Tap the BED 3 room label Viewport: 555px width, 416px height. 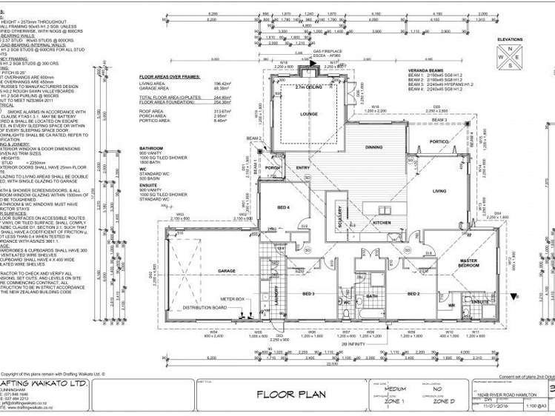(x=309, y=293)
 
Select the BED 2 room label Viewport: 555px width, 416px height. (x=413, y=293)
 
